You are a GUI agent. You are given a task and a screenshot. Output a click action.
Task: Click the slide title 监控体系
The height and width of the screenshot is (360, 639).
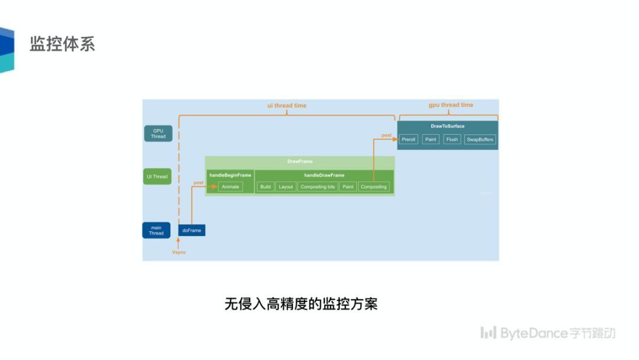(x=62, y=44)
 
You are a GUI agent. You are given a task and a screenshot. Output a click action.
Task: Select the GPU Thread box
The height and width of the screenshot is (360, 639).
(x=158, y=133)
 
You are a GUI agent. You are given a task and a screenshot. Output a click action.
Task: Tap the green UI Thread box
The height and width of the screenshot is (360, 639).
(x=157, y=176)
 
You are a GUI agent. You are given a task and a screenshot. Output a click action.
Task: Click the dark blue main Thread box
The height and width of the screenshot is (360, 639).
(x=156, y=230)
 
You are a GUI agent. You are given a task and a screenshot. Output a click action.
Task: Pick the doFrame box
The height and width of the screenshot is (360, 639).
(x=192, y=230)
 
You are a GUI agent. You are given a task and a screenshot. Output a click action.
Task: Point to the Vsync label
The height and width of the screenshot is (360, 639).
(x=179, y=252)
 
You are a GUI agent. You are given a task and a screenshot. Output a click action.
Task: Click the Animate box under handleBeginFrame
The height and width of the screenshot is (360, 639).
(x=230, y=187)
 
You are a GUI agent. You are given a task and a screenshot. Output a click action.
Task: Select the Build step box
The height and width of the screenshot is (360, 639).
(x=265, y=187)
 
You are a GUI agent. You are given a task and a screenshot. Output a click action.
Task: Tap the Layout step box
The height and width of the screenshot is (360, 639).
(x=286, y=187)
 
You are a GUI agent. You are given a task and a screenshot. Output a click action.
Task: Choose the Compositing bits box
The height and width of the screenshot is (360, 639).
(x=318, y=187)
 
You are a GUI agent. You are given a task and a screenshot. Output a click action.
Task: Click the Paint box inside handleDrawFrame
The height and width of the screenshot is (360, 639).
(x=348, y=187)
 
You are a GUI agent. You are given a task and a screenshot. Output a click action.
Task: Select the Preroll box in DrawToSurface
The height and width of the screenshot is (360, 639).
(x=408, y=140)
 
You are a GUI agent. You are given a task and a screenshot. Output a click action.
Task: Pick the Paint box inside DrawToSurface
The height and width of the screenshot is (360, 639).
(x=431, y=140)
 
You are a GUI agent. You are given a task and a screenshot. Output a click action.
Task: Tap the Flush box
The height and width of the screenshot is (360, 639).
(x=452, y=140)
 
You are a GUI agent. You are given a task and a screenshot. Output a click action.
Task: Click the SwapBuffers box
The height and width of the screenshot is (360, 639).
(x=479, y=140)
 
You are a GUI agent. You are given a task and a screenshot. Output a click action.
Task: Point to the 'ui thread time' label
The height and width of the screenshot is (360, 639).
(x=287, y=105)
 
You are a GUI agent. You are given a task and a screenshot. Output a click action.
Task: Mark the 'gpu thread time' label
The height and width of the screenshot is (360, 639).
(x=451, y=105)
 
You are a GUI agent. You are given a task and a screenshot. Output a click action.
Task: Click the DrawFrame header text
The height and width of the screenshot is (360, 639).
(x=299, y=161)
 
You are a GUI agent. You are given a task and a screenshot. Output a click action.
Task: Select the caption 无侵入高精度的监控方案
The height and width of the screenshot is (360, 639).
(x=301, y=304)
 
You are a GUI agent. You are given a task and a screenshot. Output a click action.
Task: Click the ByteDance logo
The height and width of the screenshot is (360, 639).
(x=547, y=333)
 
